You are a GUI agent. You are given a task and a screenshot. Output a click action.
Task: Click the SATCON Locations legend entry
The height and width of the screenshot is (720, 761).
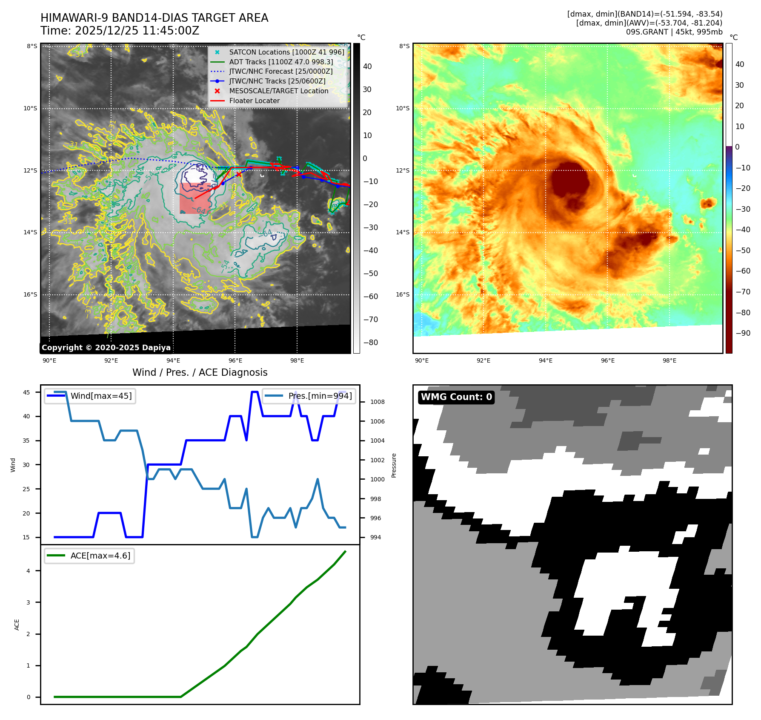pos(286,52)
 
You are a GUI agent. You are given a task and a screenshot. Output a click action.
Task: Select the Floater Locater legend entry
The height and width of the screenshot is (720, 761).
pos(254,101)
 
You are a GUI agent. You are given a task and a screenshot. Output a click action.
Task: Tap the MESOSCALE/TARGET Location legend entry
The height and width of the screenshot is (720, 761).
pos(278,91)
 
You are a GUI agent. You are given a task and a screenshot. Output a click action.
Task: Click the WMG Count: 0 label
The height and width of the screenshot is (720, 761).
pos(456,397)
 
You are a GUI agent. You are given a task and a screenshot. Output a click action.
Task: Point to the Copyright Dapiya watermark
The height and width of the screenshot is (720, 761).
pos(106,348)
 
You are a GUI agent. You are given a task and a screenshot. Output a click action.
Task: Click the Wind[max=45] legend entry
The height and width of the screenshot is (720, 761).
pos(101,396)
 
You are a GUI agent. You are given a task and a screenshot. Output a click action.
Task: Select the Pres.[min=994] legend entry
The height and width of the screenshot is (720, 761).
pos(320,396)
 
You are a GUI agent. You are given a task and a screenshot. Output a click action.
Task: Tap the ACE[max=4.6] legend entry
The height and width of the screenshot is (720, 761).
pos(100,556)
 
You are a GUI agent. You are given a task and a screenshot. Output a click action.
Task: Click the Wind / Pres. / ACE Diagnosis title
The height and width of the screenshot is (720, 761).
pos(200,372)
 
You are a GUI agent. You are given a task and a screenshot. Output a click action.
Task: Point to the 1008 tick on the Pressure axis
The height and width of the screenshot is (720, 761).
pos(377,402)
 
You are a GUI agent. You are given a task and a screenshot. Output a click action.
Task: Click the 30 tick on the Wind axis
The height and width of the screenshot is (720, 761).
pos(26,465)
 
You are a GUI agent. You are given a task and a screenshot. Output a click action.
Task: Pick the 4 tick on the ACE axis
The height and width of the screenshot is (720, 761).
pos(29,571)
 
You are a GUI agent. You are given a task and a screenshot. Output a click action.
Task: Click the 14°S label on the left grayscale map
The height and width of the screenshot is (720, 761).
pos(30,233)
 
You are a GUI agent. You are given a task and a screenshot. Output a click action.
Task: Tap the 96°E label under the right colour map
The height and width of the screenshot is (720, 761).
pos(607,361)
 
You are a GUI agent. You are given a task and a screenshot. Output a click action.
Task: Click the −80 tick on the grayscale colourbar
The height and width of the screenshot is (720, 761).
pos(370,343)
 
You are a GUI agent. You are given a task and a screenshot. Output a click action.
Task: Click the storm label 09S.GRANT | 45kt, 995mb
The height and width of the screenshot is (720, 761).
pos(674,32)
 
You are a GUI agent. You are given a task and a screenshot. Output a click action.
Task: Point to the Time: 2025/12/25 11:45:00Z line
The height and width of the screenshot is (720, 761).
pos(120,31)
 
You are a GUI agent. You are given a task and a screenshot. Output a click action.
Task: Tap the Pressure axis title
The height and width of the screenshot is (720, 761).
pos(394,465)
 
